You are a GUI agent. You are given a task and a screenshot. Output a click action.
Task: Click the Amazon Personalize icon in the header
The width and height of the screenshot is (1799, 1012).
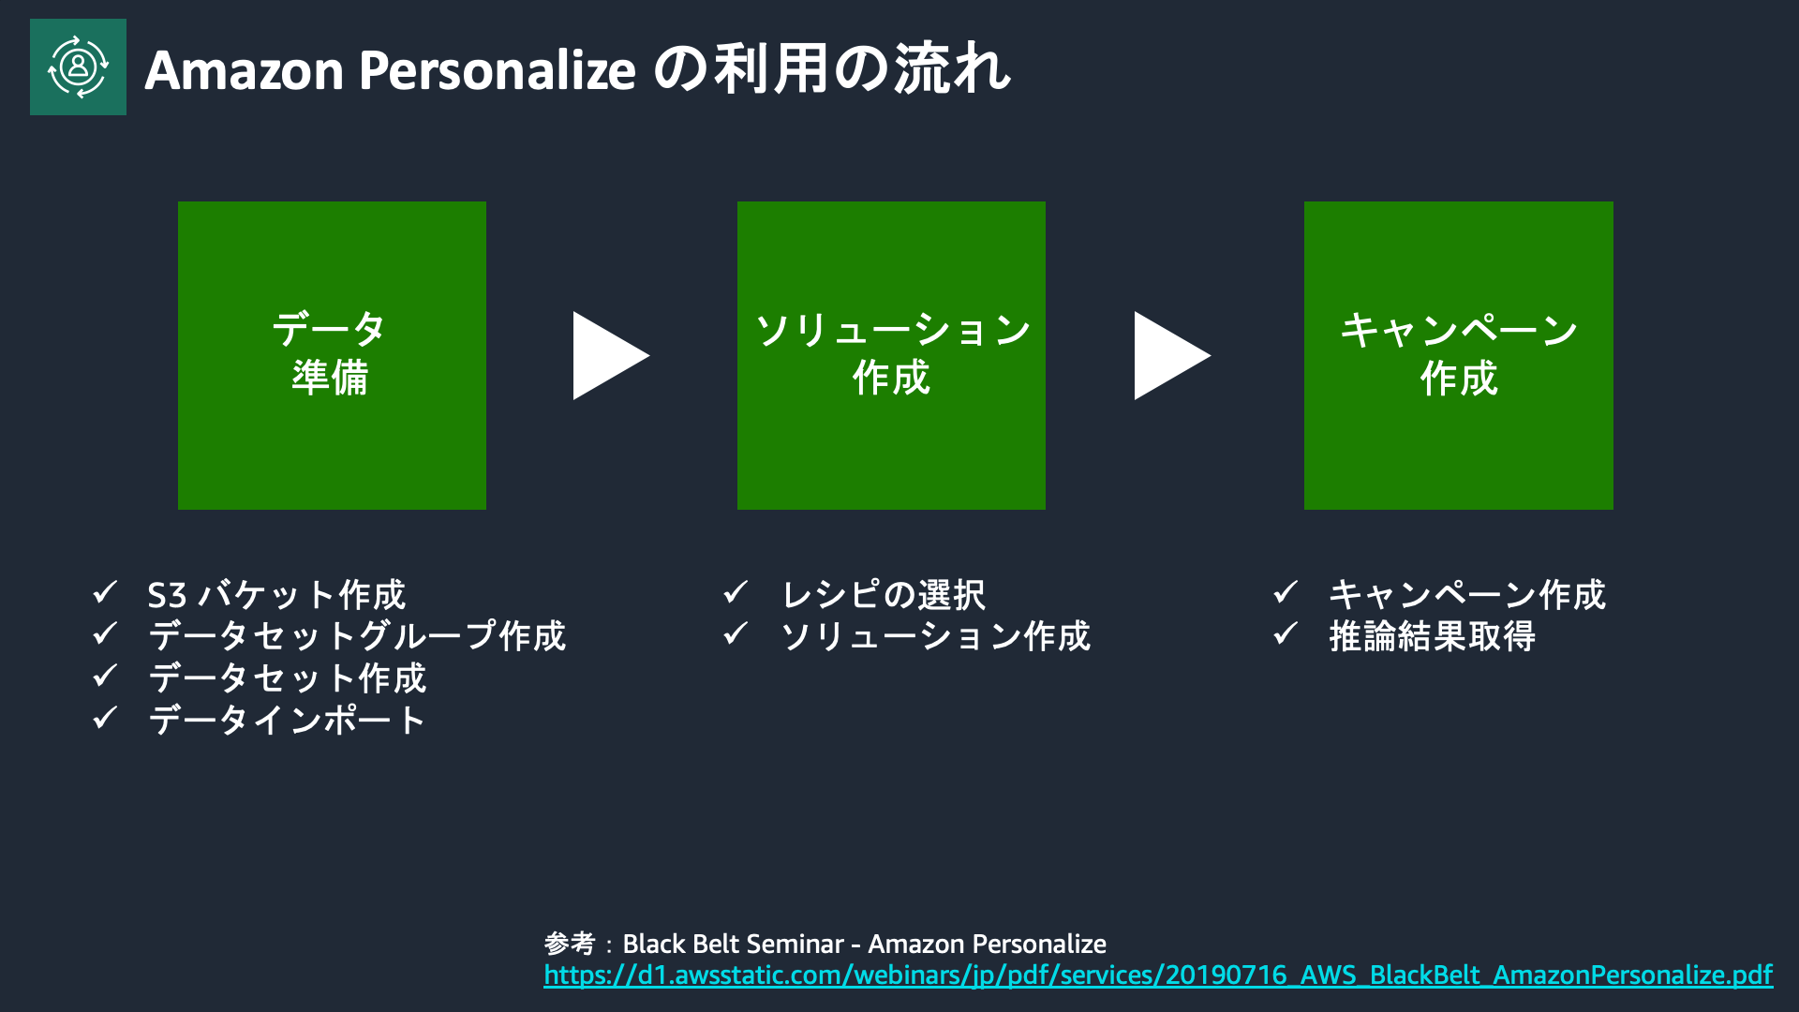78,67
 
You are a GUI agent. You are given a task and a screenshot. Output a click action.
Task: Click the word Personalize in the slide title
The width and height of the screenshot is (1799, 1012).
498,70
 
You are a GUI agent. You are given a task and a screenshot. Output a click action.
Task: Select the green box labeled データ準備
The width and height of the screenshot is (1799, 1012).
332,355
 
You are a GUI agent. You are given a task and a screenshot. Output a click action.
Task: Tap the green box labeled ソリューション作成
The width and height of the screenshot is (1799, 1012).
891,355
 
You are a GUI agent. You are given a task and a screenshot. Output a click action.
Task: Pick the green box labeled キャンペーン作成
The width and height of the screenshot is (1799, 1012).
1459,355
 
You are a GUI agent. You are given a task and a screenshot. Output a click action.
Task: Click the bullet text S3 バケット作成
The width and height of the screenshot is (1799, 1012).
276,595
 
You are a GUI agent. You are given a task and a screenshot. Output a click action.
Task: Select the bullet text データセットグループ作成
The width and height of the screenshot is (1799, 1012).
357,636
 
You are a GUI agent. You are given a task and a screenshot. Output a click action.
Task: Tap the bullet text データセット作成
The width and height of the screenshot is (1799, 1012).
288,678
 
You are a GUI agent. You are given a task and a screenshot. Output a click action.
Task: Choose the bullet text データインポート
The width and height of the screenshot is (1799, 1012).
288,721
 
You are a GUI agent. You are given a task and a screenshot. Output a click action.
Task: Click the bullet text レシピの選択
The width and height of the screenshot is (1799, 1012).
884,595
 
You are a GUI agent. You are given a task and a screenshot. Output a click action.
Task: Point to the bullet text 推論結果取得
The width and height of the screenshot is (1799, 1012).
1433,636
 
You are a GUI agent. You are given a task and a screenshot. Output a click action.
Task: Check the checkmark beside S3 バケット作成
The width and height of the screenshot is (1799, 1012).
105,593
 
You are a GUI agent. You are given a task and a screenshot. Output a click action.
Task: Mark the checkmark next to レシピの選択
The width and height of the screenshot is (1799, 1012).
736,593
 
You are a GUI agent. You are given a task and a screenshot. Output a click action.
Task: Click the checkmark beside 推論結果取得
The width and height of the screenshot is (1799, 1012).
1286,634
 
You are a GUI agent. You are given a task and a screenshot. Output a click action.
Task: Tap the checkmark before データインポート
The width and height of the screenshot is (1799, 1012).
105,719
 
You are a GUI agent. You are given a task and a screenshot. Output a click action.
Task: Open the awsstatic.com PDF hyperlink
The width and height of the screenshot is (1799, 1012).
1158,975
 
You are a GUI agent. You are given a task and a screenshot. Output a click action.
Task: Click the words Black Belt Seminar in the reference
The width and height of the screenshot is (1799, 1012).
734,944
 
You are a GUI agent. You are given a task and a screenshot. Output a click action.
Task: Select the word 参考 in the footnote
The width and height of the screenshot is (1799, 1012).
570,944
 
